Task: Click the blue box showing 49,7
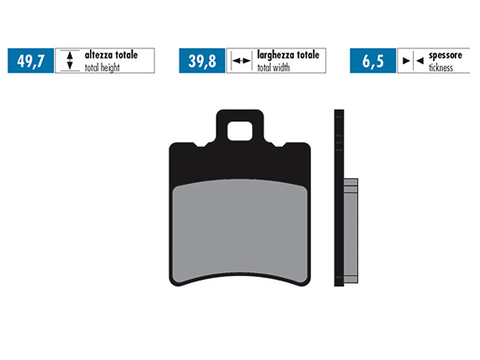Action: click(x=31, y=61)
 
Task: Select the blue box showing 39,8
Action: click(x=202, y=61)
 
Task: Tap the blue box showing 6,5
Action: click(x=373, y=61)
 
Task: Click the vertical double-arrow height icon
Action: click(x=70, y=61)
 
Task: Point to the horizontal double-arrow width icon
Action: click(x=241, y=61)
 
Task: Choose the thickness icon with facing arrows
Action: click(x=412, y=61)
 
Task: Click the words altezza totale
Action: click(x=111, y=55)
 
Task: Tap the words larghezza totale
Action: click(x=288, y=55)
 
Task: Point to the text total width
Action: click(x=274, y=68)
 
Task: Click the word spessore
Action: click(x=445, y=55)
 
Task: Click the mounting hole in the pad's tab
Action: click(x=240, y=129)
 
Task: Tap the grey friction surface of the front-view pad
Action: click(x=240, y=231)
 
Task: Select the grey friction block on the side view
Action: click(x=351, y=231)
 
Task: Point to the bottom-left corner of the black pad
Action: click(x=173, y=282)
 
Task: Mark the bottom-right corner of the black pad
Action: click(x=307, y=282)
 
